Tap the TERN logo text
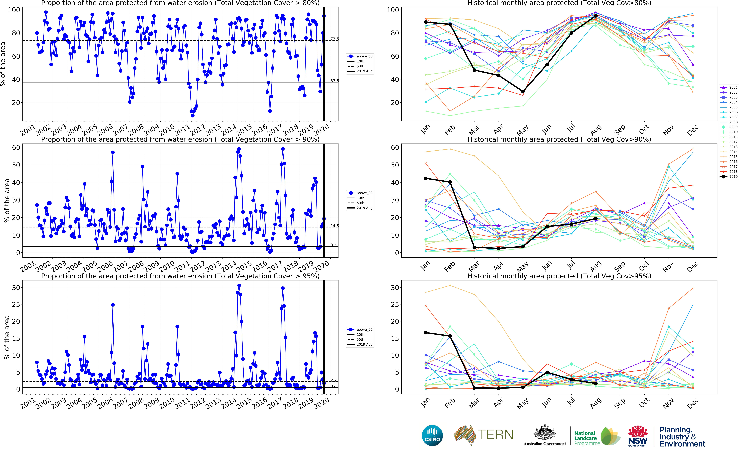(495, 435)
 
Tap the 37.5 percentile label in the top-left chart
(334, 81)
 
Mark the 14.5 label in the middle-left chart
(334, 226)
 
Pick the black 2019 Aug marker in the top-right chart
(596, 16)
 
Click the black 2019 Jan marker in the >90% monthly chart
(426, 178)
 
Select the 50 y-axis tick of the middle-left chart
(16, 165)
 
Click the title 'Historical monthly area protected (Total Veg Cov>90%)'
(559, 139)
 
